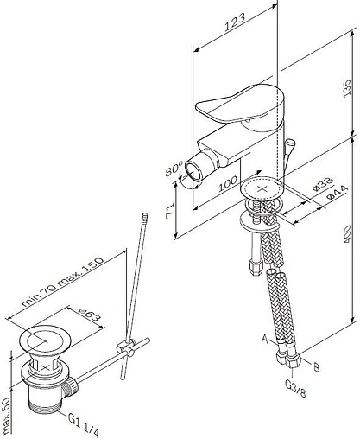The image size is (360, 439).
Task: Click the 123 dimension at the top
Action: click(x=235, y=22)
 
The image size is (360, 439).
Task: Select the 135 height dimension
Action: click(x=347, y=87)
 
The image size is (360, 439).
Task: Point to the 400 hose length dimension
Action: click(x=348, y=233)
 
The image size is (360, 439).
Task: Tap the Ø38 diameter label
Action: click(x=323, y=184)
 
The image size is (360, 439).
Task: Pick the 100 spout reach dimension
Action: click(x=228, y=184)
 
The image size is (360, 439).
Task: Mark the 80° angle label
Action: click(x=174, y=169)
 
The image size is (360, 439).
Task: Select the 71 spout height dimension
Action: click(x=170, y=211)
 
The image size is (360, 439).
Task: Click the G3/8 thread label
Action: click(x=295, y=388)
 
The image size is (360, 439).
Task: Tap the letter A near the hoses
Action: click(x=265, y=339)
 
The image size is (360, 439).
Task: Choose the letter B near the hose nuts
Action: click(x=316, y=367)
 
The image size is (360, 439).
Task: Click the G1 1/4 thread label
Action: click(x=84, y=424)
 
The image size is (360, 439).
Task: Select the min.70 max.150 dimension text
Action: click(x=62, y=282)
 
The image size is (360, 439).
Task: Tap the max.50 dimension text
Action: click(x=6, y=416)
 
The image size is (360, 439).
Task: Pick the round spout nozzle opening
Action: click(x=193, y=172)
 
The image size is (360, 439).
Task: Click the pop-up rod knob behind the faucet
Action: click(x=289, y=144)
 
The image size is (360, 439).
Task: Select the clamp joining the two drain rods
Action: click(x=127, y=347)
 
